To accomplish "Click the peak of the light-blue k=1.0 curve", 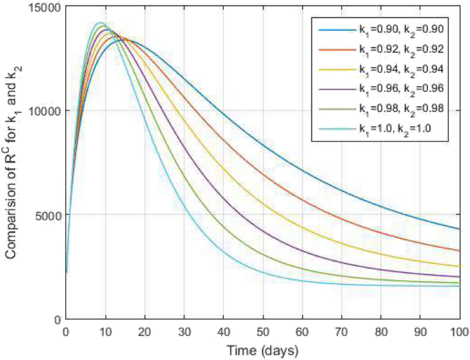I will (x=99, y=23).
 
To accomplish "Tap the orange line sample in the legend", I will (x=336, y=49).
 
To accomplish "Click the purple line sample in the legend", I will (x=336, y=89).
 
